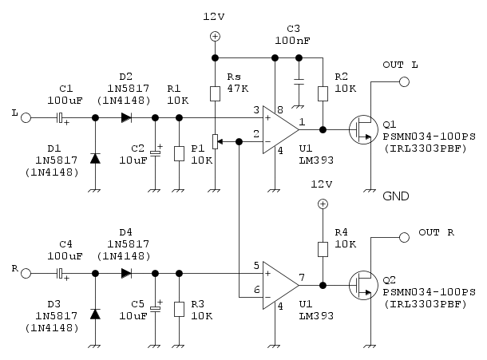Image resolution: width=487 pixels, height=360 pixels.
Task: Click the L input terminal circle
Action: (x=26, y=117)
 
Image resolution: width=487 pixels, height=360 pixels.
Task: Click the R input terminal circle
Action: (x=26, y=274)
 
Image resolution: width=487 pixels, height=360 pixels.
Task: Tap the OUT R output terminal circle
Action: (x=405, y=236)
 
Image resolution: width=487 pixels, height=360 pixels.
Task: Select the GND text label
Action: (x=398, y=196)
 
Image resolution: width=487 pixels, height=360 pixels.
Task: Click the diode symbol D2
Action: (x=126, y=117)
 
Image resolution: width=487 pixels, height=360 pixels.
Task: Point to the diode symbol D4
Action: (x=126, y=274)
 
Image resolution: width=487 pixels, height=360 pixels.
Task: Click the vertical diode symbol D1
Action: (x=95, y=158)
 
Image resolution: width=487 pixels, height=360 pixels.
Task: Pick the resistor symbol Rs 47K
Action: (x=215, y=93)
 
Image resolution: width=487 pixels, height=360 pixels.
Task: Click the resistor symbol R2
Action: (x=323, y=93)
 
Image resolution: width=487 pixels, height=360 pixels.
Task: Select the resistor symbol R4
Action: (x=323, y=249)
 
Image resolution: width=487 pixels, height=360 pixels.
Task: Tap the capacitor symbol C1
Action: (x=60, y=117)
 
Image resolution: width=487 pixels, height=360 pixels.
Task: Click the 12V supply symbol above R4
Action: (x=323, y=205)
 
